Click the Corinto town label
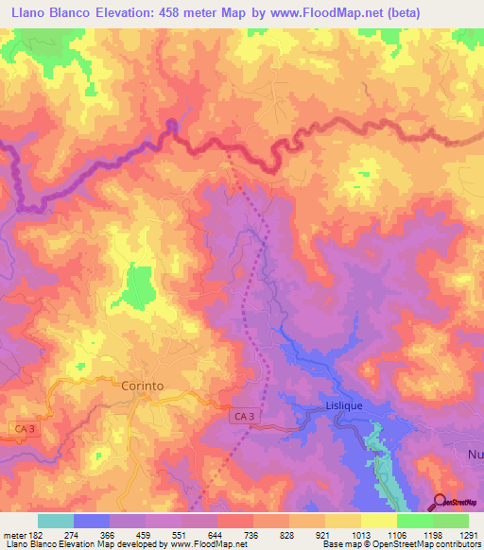143,386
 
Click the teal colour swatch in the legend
56,521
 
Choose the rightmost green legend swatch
450,521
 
